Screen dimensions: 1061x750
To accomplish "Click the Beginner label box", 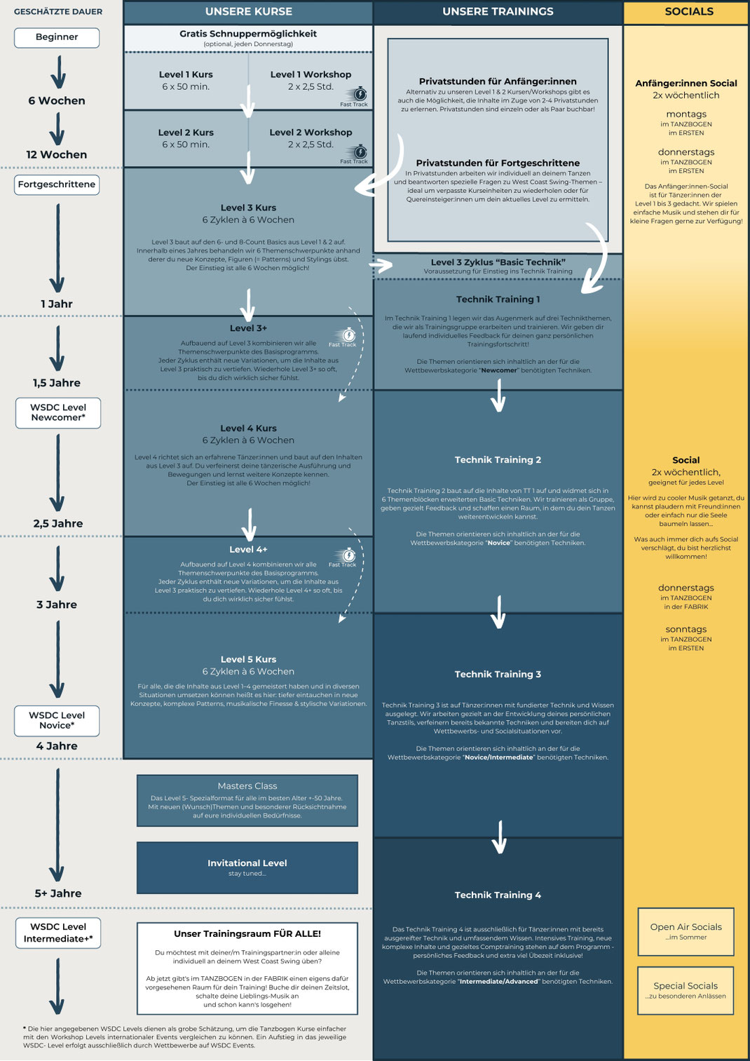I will pos(57,37).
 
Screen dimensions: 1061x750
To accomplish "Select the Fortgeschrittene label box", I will pos(57,184).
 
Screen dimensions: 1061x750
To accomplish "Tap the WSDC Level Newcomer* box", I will pos(58,412).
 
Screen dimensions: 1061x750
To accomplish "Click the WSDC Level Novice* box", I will pos(57,720).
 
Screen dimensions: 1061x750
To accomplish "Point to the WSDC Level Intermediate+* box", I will pos(58,933).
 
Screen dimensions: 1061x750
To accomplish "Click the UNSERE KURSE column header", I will pos(248,12).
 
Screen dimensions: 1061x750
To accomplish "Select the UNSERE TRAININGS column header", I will pos(498,12).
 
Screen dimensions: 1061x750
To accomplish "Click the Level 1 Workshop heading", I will pos(311,74).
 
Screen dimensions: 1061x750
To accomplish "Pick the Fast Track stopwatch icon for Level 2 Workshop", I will pos(359,152).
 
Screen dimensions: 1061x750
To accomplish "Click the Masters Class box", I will pos(247,800).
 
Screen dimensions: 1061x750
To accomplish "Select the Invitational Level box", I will pos(247,867).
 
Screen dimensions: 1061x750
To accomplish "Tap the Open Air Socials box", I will pos(686,931).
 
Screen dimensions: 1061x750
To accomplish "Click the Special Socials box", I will pos(686,990).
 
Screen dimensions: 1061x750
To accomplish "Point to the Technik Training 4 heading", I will pos(498,895).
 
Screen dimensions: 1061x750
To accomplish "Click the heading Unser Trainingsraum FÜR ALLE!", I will pos(247,933).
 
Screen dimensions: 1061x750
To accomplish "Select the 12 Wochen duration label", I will pos(57,154).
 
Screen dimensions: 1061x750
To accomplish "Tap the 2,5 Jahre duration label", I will pos(57,523).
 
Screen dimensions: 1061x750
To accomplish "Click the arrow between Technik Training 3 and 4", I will pos(499,837).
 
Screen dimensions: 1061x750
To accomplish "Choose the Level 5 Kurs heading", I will pos(248,659).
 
